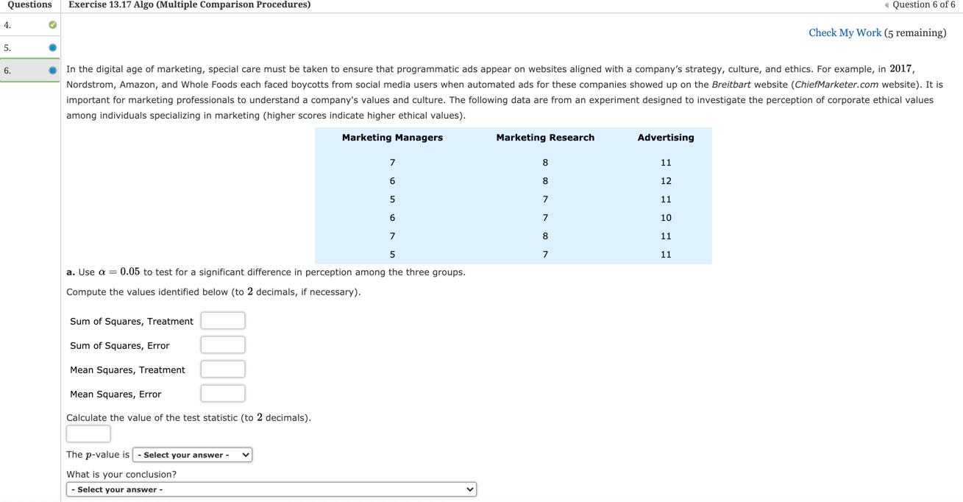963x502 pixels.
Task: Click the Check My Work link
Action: tap(845, 33)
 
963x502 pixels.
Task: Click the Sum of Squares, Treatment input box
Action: tap(223, 321)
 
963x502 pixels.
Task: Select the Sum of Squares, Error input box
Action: tap(223, 345)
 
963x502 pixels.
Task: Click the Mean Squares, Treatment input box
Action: tap(223, 370)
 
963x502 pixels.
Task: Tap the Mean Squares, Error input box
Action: tap(223, 394)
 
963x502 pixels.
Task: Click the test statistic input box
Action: tap(88, 434)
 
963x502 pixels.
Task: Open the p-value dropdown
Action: tap(192, 455)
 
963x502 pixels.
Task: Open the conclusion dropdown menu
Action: tap(271, 489)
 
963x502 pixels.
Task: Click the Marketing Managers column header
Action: tap(392, 138)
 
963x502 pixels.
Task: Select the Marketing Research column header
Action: tap(545, 138)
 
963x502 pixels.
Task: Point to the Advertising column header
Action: tap(666, 138)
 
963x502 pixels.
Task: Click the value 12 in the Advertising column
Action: tap(666, 181)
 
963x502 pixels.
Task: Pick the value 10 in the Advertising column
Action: tap(666, 218)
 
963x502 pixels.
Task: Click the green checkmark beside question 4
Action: tap(52, 25)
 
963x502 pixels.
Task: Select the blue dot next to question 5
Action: tap(52, 48)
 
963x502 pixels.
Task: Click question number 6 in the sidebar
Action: tap(7, 71)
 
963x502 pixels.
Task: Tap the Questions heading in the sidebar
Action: tap(29, 5)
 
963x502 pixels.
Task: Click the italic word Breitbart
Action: tap(731, 85)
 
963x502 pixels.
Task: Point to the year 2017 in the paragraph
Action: tap(900, 68)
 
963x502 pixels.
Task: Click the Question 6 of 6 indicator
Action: tap(923, 5)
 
